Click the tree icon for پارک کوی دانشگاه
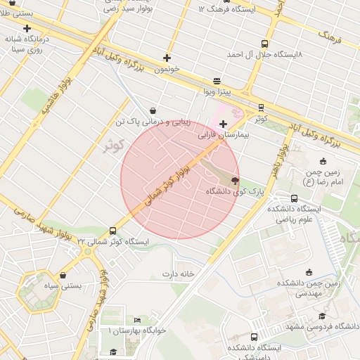[234, 181]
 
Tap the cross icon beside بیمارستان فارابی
[223, 124]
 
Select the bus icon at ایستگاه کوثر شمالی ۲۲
[113, 231]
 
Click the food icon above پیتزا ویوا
[216, 81]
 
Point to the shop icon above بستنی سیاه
[65, 275]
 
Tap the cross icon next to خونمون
[167, 58]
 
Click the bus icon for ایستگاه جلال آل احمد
[264, 43]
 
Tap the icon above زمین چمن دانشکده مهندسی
[309, 272]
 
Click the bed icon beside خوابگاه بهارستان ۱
[137, 320]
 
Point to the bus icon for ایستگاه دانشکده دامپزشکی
[254, 337]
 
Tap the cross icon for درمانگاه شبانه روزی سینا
[27, 29]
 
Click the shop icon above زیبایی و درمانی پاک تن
[153, 110]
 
